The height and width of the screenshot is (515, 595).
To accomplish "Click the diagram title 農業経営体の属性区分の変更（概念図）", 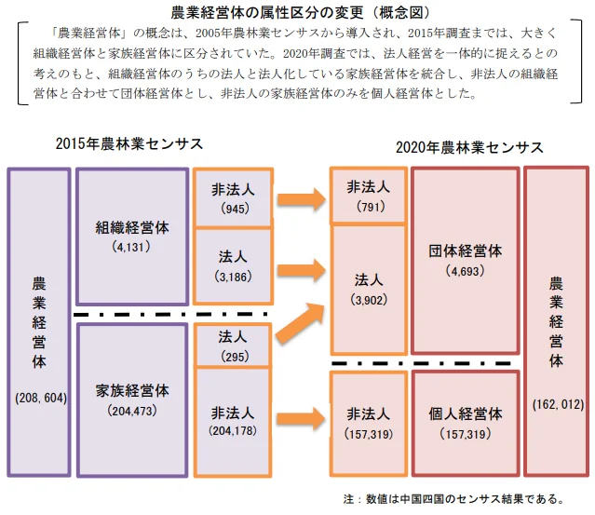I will click(297, 12).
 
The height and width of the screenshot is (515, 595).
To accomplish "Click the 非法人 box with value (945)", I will click(233, 197).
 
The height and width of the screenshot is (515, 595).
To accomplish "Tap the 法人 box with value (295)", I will click(233, 345).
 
